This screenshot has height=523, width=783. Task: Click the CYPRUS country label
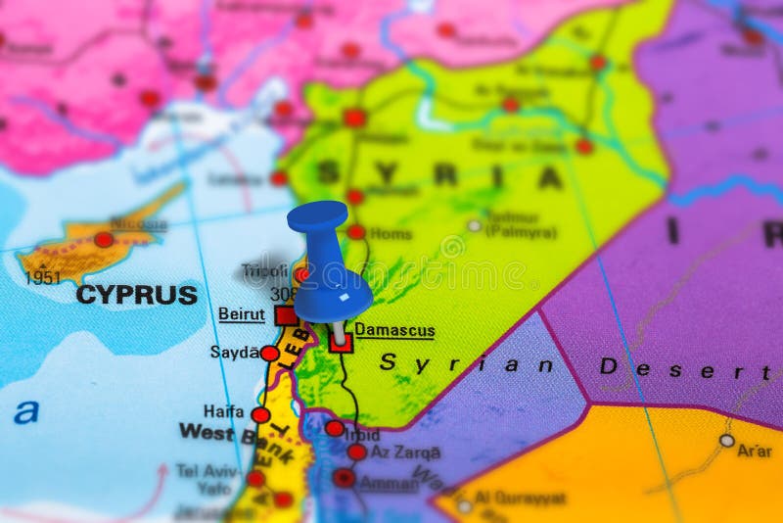[136, 295]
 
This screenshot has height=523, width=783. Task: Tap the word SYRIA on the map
[440, 176]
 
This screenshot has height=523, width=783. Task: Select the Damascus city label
[394, 331]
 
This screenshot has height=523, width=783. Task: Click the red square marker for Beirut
[286, 315]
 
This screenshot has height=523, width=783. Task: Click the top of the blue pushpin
[317, 214]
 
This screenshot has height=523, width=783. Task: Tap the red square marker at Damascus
[340, 342]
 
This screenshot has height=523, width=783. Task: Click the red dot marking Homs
[356, 232]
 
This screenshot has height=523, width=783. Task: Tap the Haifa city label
[223, 411]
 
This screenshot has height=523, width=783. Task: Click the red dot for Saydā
[269, 353]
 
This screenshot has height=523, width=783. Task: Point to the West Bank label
[219, 433]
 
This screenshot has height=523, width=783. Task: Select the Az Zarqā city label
[408, 452]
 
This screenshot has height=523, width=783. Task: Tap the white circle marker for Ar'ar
[726, 440]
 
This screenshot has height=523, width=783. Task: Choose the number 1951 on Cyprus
[42, 277]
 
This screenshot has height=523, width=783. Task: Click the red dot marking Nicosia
[104, 239]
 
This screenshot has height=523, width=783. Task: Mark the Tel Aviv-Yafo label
[207, 479]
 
